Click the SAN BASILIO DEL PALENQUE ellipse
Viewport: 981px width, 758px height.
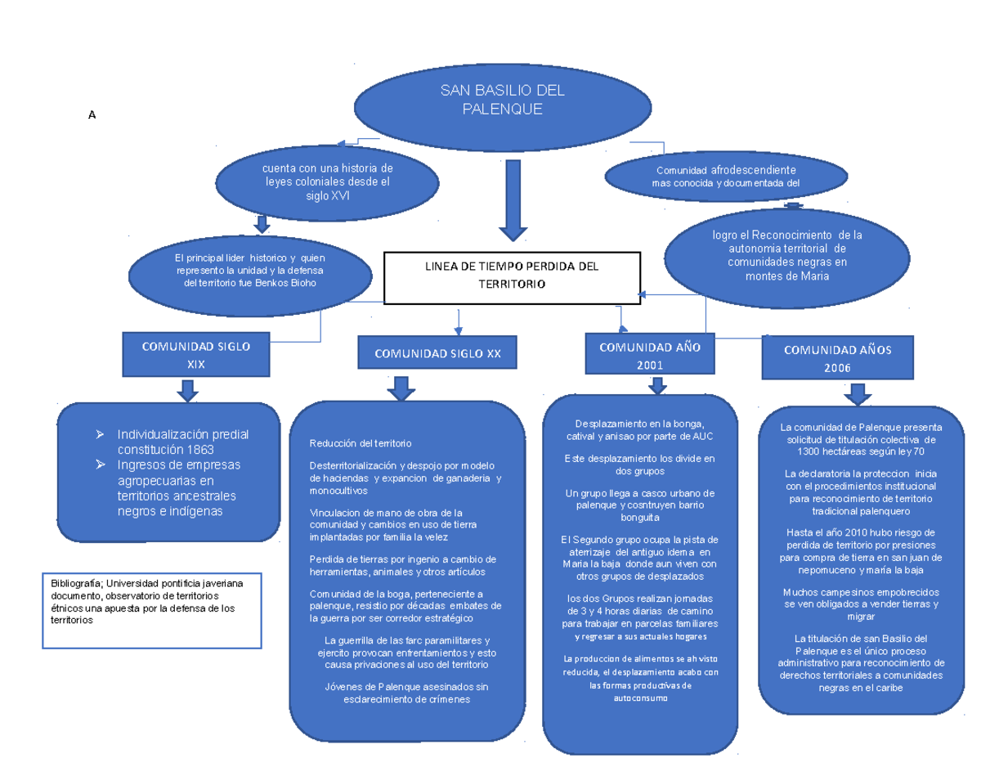(501, 103)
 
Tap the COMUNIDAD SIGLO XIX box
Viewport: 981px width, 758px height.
(196, 355)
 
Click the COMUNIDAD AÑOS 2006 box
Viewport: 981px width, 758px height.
(837, 358)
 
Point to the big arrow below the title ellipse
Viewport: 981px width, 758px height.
(513, 201)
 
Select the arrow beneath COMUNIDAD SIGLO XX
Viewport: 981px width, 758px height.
(401, 388)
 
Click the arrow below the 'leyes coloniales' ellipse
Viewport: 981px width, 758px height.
(262, 223)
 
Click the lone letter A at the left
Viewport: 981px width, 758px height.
(92, 116)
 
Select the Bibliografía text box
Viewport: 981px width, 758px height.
(153, 610)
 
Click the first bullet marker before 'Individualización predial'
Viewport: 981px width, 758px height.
(100, 434)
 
